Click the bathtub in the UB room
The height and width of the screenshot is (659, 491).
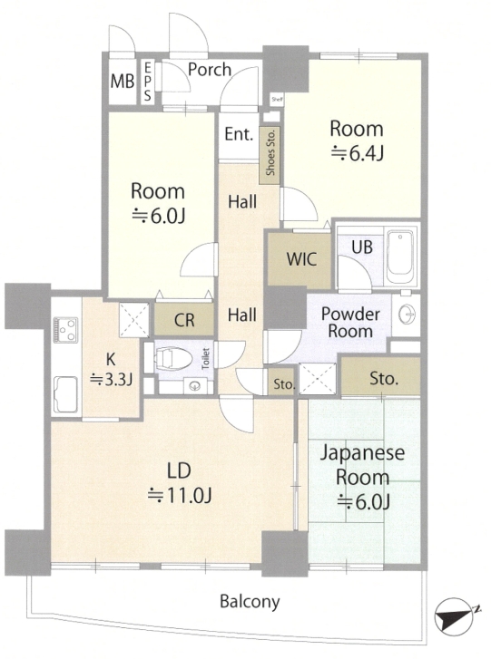[x=401, y=257]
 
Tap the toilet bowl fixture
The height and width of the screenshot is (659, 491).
[x=173, y=359]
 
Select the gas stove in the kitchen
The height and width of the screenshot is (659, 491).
[x=66, y=330]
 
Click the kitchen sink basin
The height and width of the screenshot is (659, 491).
[x=65, y=394]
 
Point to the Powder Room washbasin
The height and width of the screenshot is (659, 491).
[x=407, y=314]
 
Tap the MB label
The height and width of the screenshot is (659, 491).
[x=123, y=81]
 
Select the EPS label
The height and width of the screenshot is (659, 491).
[x=147, y=82]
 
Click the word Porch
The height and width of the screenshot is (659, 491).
[x=210, y=70]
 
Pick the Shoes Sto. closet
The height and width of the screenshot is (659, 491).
[x=270, y=156]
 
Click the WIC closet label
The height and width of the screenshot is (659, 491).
[x=301, y=259]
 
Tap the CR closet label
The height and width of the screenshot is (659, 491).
[x=184, y=321]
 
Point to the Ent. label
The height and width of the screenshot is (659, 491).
[x=239, y=134]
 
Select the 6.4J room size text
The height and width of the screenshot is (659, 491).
[x=358, y=153]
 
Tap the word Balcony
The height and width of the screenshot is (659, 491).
[x=250, y=602]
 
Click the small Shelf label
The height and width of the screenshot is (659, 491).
[x=277, y=100]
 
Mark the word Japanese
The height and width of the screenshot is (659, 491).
[x=362, y=453]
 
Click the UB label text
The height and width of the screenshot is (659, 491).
[x=362, y=247]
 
